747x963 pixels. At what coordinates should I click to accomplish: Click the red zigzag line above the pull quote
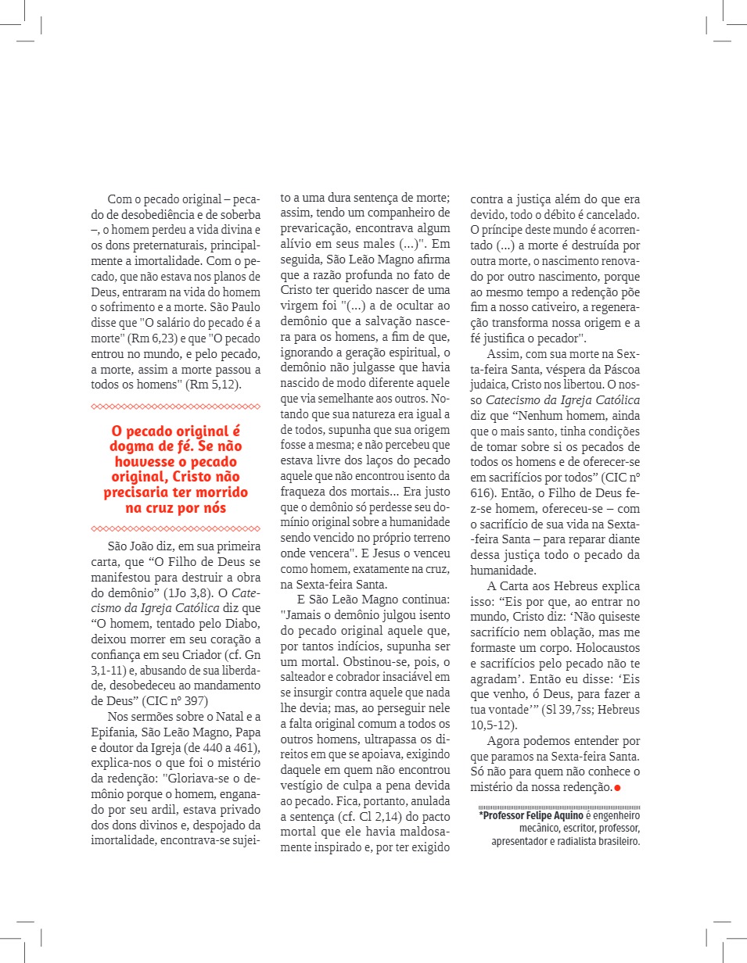pos(176,406)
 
